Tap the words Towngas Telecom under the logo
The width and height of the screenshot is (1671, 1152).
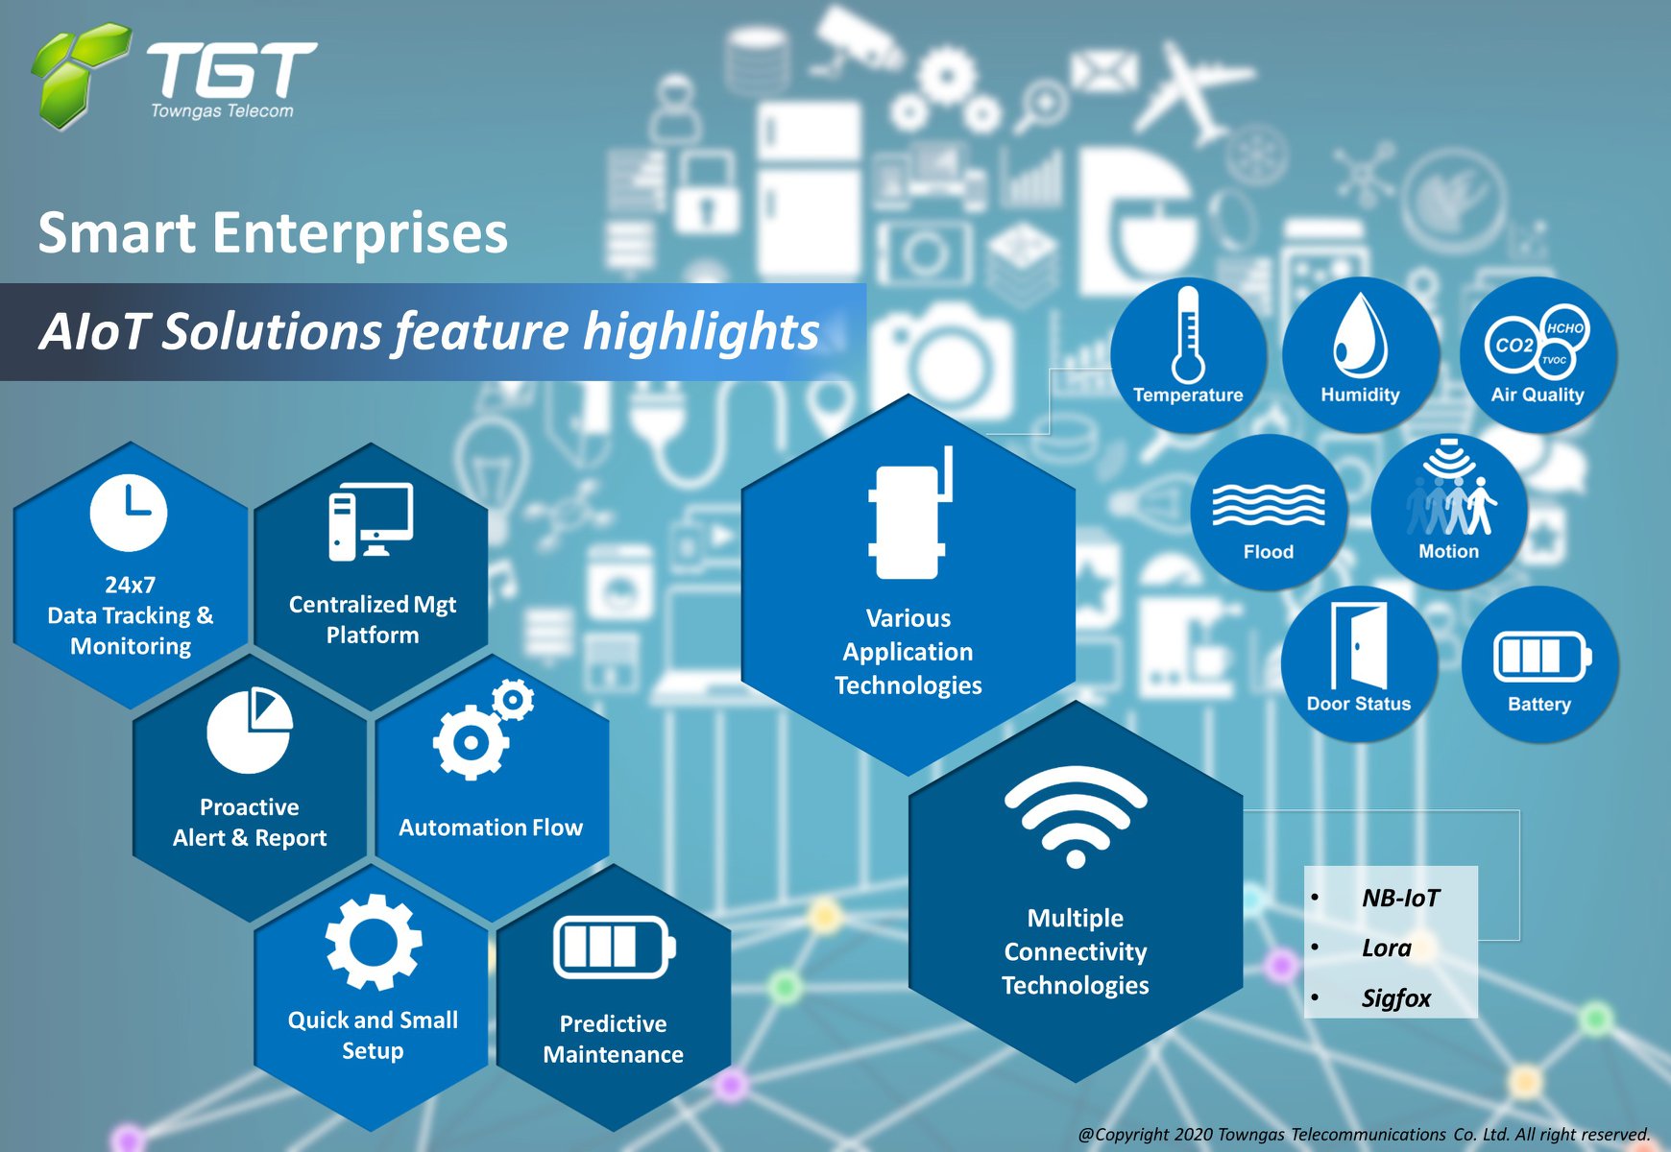point(222,111)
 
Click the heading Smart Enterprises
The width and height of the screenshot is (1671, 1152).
point(273,233)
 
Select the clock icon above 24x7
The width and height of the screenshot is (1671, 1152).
point(129,513)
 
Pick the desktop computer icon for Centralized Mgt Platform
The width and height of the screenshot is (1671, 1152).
point(371,521)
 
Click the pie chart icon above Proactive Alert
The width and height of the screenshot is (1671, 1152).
point(250,731)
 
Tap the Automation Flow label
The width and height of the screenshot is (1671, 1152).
point(491,828)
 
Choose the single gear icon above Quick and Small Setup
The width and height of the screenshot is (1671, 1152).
point(374,942)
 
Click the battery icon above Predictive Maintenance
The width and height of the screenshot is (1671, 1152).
point(615,947)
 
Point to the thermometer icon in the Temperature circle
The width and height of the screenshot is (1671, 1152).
point(1188,334)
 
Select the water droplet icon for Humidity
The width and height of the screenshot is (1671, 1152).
point(1360,335)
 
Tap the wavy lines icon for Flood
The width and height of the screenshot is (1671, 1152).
point(1269,504)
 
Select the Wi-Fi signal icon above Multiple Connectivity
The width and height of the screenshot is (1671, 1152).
point(1076,816)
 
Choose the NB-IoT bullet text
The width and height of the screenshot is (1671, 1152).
point(1400,898)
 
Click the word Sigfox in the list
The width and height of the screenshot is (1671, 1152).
point(1396,998)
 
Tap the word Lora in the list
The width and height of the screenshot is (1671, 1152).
point(1387,948)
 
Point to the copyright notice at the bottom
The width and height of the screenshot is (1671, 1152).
point(1364,1134)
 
